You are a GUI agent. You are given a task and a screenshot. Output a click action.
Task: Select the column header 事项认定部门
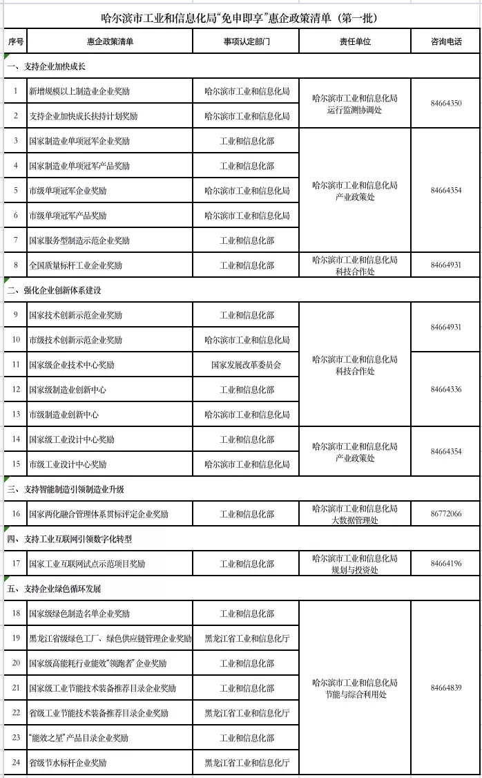click(x=247, y=42)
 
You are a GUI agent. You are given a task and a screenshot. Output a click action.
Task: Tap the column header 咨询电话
click(x=445, y=42)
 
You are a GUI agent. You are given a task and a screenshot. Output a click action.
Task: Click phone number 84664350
click(x=445, y=104)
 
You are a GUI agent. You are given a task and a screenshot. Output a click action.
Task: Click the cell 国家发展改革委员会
click(x=247, y=365)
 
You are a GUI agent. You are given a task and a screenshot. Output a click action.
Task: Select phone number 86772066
click(x=445, y=514)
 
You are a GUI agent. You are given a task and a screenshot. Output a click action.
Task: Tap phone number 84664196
click(x=445, y=564)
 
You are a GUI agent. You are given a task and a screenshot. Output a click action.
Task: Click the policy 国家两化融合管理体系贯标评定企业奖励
click(x=99, y=514)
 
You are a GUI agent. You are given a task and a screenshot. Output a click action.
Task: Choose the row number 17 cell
click(x=16, y=564)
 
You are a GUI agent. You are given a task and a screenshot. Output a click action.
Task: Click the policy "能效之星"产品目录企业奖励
click(x=79, y=738)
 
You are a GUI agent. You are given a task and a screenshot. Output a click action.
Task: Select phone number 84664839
click(x=445, y=688)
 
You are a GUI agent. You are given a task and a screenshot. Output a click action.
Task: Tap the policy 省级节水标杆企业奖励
click(x=68, y=763)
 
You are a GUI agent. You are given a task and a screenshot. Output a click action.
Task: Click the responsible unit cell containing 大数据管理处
click(x=354, y=514)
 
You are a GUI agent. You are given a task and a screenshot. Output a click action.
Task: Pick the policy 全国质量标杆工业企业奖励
click(x=75, y=265)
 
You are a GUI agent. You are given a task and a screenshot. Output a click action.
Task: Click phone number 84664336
click(x=445, y=390)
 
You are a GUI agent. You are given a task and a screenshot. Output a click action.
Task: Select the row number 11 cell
click(x=16, y=365)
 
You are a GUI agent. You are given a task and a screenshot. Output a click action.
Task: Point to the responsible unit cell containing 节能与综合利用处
click(x=354, y=688)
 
